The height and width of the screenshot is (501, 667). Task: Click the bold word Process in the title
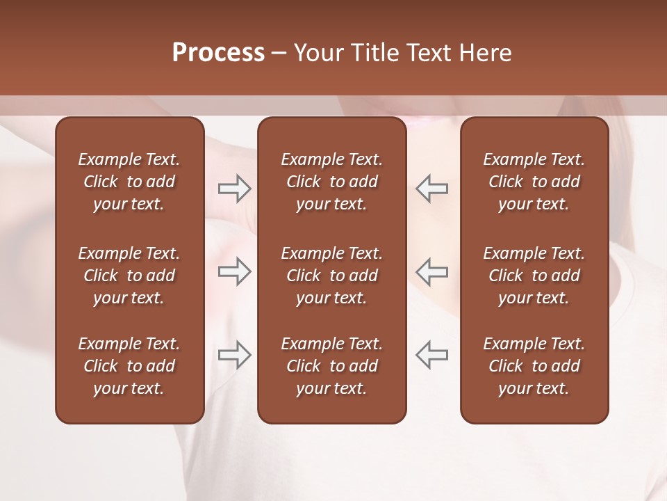(218, 53)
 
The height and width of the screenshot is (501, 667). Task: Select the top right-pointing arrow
(234, 189)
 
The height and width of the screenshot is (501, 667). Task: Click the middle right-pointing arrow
(234, 271)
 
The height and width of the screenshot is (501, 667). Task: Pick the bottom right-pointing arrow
(234, 354)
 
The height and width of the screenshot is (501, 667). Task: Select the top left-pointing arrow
(432, 189)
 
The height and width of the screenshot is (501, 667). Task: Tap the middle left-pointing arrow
(432, 271)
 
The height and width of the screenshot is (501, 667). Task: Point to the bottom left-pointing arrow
(432, 354)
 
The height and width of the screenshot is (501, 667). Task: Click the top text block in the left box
(129, 182)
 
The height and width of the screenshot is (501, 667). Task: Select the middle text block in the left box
(129, 276)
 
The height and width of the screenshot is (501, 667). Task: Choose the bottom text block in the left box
(129, 366)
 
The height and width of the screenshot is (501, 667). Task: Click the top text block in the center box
(331, 182)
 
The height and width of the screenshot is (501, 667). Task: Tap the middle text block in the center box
(331, 276)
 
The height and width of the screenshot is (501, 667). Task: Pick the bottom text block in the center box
(331, 366)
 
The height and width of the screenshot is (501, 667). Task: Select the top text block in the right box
(534, 182)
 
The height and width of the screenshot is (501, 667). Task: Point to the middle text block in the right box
(534, 276)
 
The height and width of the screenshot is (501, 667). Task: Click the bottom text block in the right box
(534, 366)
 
